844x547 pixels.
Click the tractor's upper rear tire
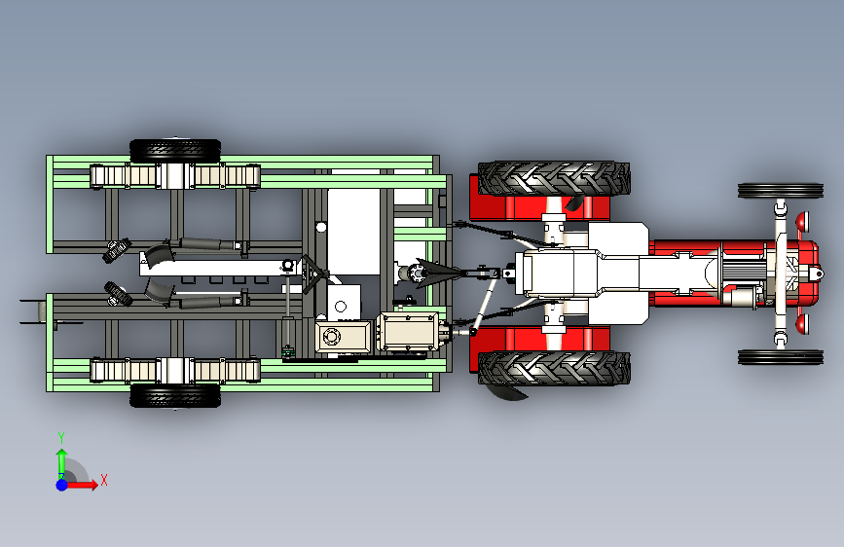pos(554,179)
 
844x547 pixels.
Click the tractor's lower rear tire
pos(554,368)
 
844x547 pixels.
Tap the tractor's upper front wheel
pos(781,191)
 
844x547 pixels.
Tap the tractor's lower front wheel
pos(781,357)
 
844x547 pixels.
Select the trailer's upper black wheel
pos(175,150)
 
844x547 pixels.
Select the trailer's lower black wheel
pos(175,395)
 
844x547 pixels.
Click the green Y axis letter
pos(61,438)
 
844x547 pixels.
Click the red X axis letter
pos(104,480)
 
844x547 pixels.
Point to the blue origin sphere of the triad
pos(62,485)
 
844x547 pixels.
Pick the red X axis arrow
pos(81,485)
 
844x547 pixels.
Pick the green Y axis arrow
pos(62,464)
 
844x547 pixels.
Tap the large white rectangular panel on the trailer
pos(353,232)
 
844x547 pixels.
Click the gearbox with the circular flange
pos(344,338)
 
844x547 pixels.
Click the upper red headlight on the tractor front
pos(801,220)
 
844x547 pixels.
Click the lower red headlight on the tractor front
pos(801,323)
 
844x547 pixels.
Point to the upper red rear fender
pos(539,208)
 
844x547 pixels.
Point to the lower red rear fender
pos(539,339)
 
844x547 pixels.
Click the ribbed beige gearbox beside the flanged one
pos(407,331)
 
